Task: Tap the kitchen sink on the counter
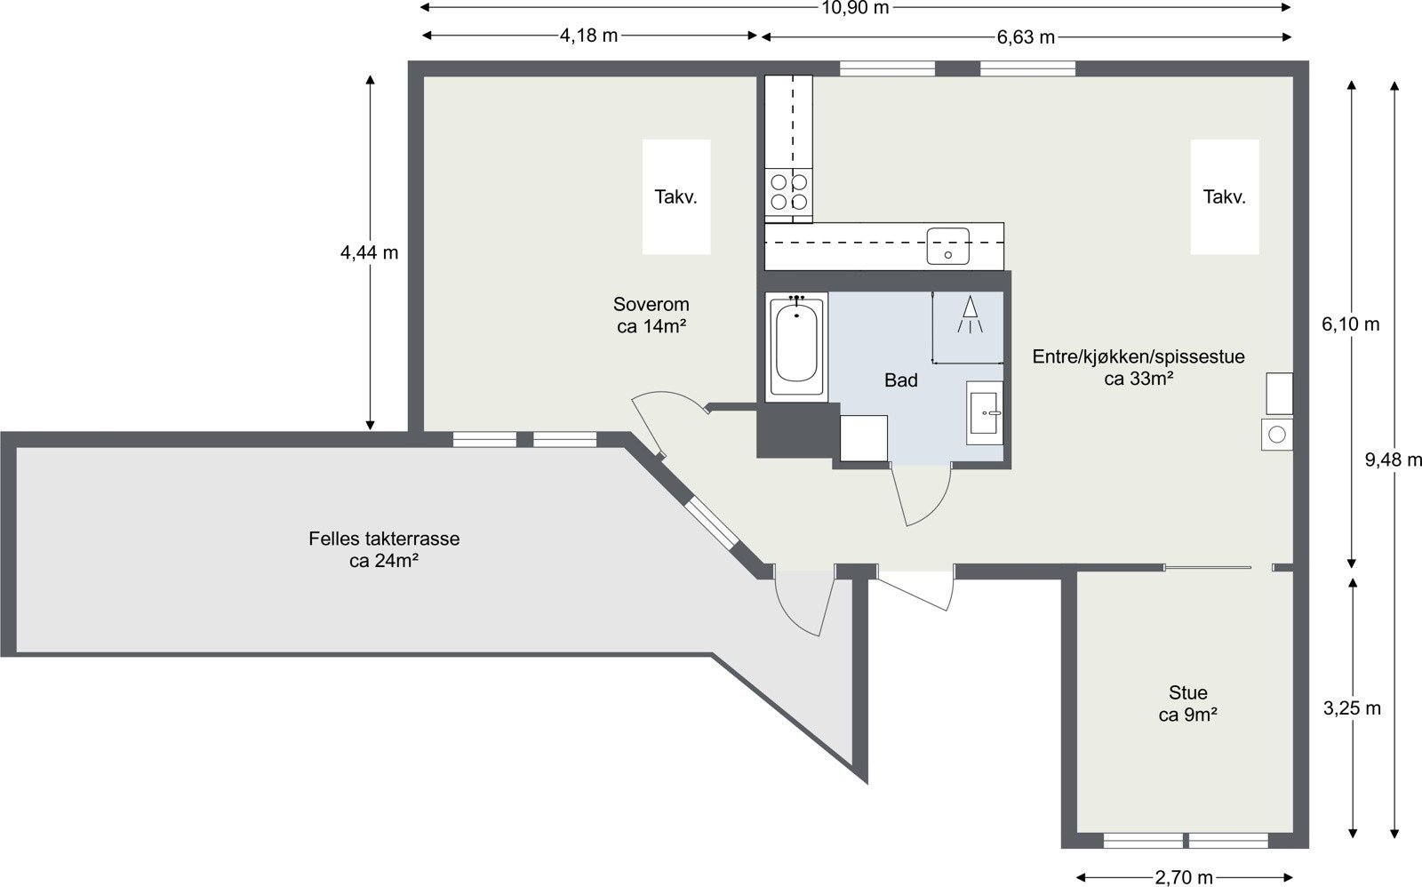coord(948,245)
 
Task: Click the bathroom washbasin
coord(986,413)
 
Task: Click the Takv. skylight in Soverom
coord(676,197)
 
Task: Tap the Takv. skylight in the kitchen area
coord(1225,197)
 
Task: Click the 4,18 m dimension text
coord(588,36)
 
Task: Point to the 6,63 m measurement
coord(1026,36)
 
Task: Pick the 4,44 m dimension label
coord(370,252)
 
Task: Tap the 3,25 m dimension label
coord(1352,708)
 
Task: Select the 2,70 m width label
coord(1184,877)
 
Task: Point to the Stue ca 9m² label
coord(1188,703)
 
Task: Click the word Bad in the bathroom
coord(900,380)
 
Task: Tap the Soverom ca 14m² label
coord(651,316)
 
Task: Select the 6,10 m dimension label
coord(1351,324)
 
